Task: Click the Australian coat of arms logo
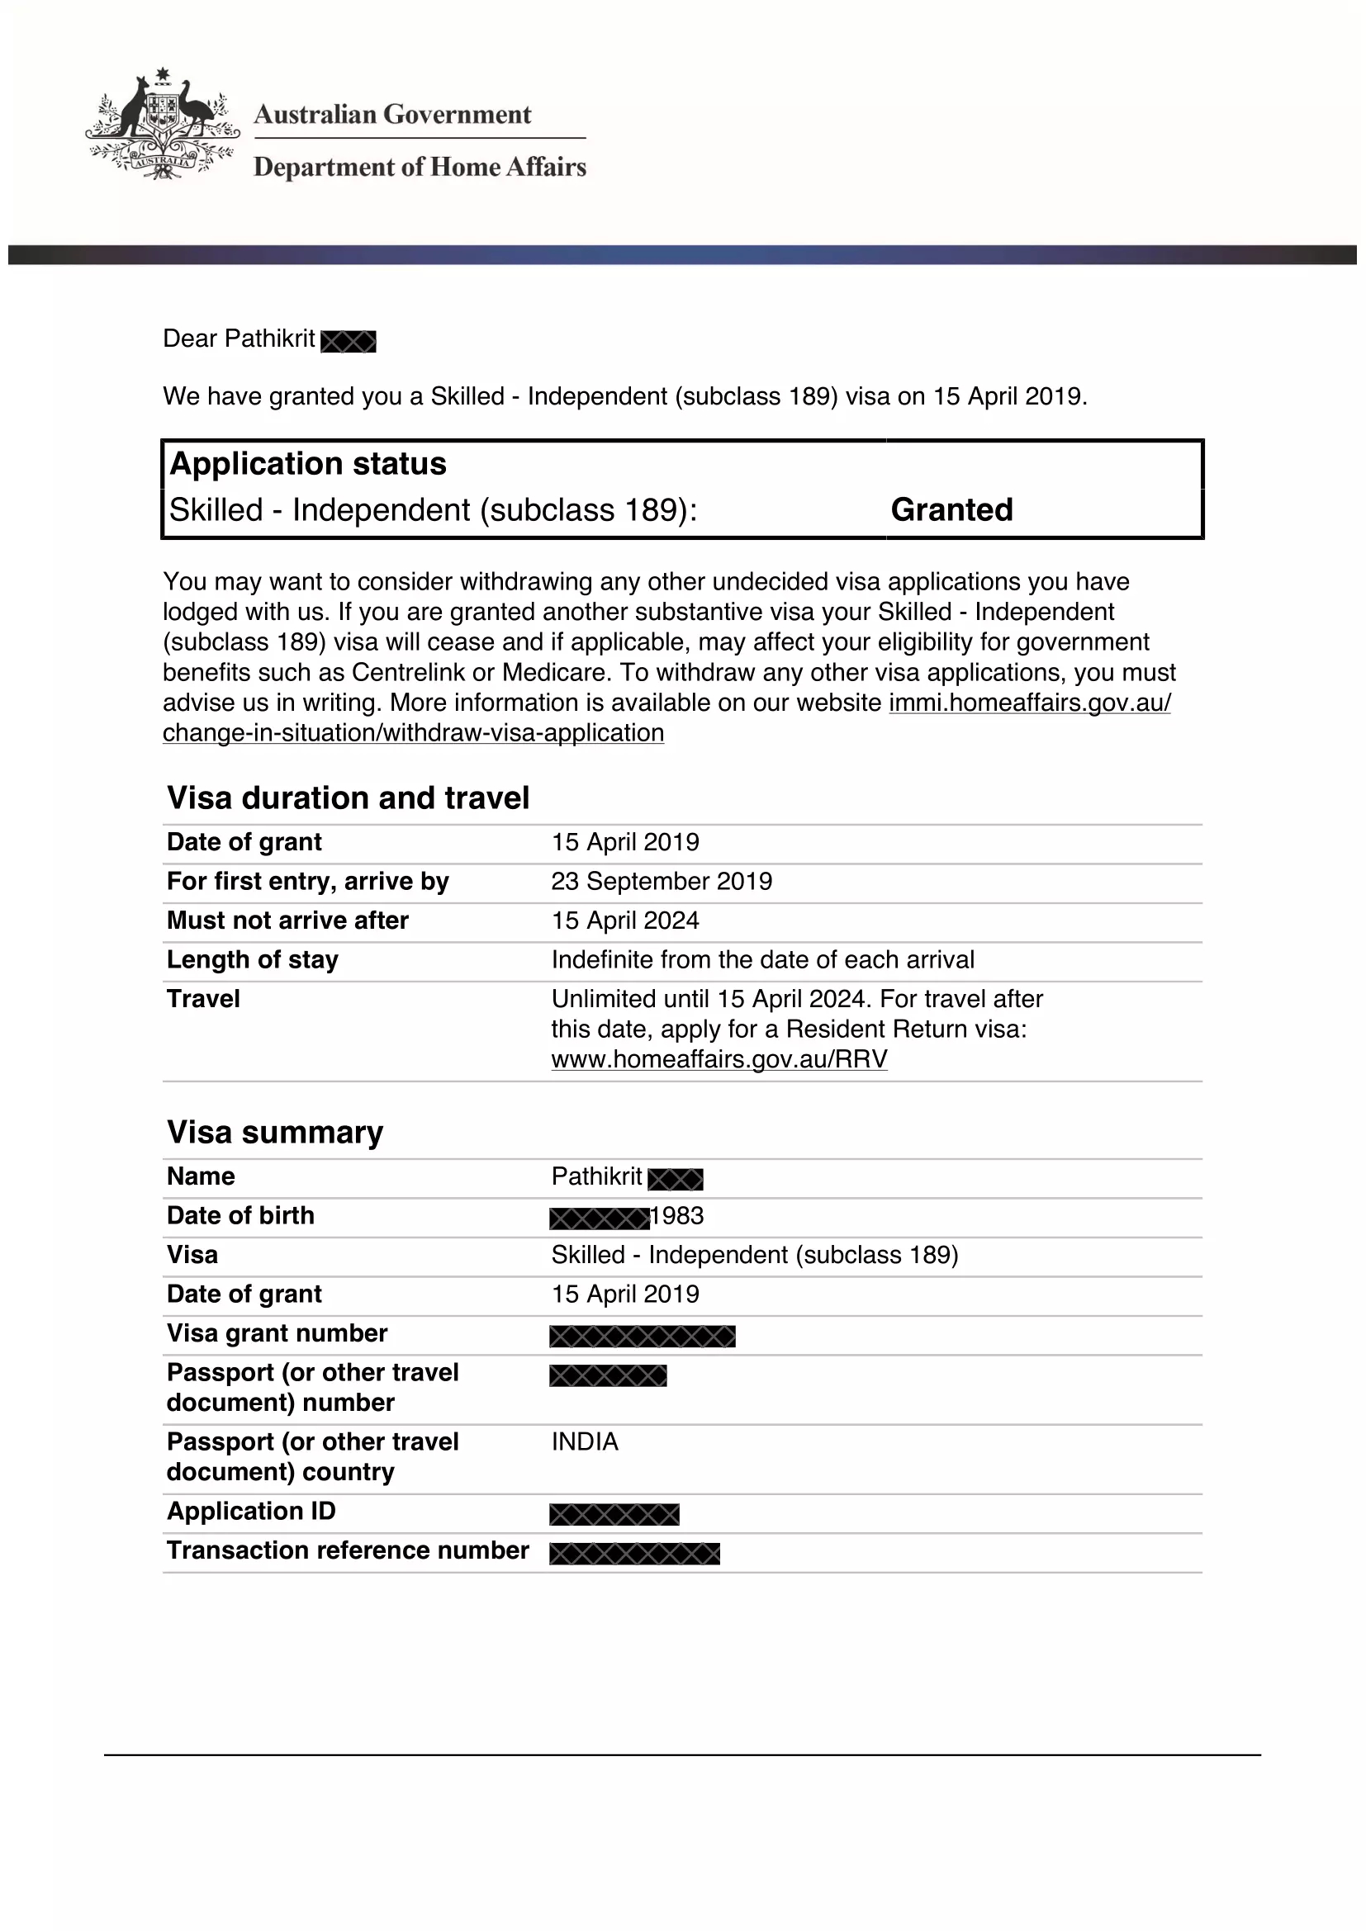(162, 125)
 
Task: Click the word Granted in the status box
(951, 509)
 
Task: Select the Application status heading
(308, 464)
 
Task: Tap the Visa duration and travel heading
(349, 797)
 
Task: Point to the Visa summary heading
(275, 1132)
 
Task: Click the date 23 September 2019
(662, 882)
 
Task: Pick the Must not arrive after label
(287, 920)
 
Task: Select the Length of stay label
(253, 959)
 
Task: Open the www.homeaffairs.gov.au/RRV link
(719, 1059)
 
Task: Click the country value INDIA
(585, 1441)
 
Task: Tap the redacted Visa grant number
(643, 1336)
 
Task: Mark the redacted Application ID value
(614, 1514)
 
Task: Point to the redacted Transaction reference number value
(635, 1554)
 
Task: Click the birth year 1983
(677, 1216)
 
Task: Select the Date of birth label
(240, 1215)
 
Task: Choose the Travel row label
(203, 999)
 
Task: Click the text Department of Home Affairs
(420, 168)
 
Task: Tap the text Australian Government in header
(393, 115)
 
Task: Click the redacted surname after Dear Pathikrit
(349, 342)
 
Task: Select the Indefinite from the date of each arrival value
(763, 959)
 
